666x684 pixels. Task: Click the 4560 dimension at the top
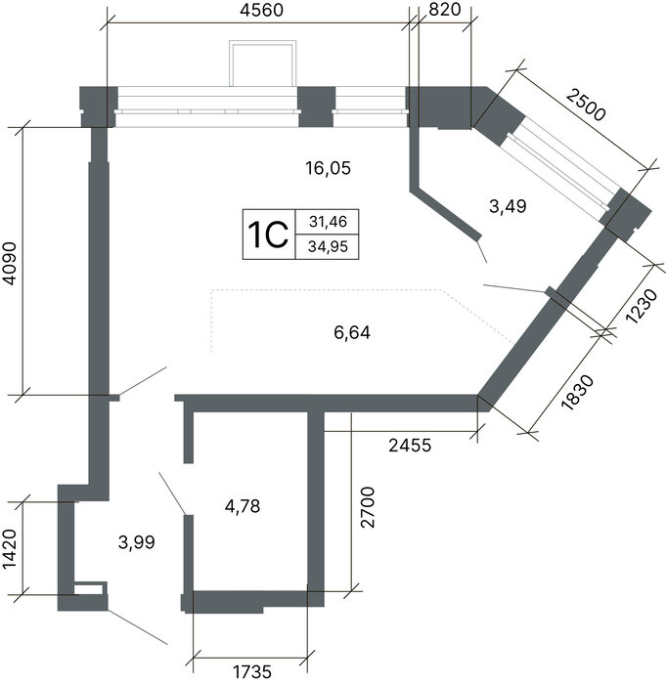(x=261, y=10)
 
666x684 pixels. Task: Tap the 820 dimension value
(x=445, y=9)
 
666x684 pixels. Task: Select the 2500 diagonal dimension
(x=587, y=105)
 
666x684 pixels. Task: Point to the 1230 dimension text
(x=642, y=305)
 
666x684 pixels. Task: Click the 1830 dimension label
(x=578, y=393)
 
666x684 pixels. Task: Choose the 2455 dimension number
(x=410, y=446)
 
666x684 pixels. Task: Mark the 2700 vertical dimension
(x=368, y=507)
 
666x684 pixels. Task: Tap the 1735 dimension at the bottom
(x=251, y=672)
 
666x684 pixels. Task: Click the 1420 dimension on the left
(x=10, y=549)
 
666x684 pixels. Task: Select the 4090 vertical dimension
(x=10, y=264)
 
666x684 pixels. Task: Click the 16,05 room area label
(x=328, y=168)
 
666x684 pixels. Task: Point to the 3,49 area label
(x=508, y=206)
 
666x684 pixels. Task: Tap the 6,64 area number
(x=352, y=333)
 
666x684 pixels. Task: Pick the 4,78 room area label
(x=243, y=506)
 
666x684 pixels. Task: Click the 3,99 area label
(x=137, y=542)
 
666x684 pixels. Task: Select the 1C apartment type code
(x=268, y=235)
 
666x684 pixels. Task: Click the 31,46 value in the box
(x=328, y=222)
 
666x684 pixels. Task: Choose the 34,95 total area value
(x=328, y=247)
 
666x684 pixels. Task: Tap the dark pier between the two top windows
(x=317, y=107)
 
